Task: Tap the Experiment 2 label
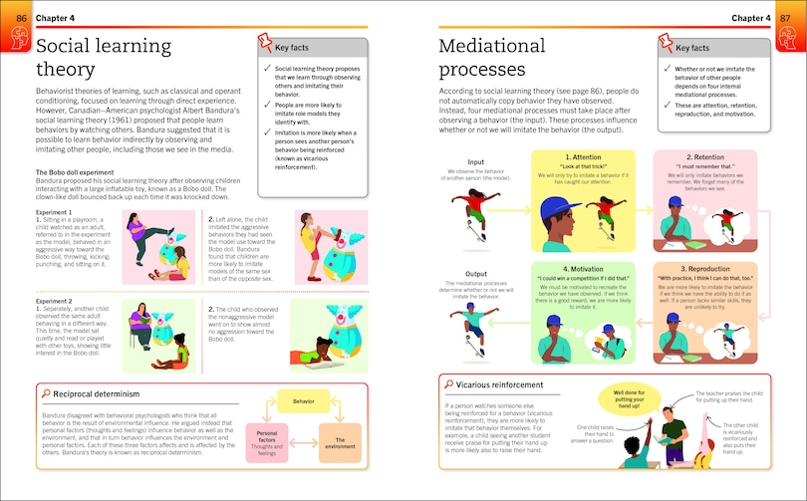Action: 58,300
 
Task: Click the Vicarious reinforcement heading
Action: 501,383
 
